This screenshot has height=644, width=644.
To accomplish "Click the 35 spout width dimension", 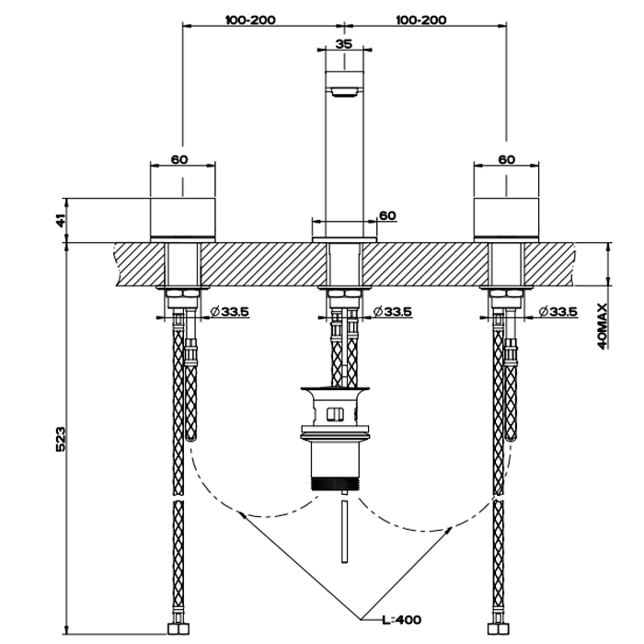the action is pos(344,43).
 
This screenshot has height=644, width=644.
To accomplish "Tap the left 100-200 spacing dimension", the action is pos(250,19).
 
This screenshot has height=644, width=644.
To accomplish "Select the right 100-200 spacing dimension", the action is pos(421,19).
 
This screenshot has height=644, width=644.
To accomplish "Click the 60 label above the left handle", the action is pos(179,159).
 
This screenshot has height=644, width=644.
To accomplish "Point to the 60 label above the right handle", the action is pos(506,159).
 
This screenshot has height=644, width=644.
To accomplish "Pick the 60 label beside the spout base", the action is pos(387,215).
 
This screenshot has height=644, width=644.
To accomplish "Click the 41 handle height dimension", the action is pos(61,221).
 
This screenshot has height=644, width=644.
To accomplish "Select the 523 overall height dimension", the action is pos(61,439).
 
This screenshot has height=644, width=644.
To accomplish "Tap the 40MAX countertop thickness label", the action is pos(602,326).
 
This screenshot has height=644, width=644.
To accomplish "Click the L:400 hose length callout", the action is pos(401,620).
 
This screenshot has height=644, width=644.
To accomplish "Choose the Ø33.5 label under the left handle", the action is pos(229,312).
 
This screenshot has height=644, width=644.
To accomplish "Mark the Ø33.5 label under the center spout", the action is pos(392,312).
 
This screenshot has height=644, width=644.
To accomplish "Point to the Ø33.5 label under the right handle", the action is pos(558,312).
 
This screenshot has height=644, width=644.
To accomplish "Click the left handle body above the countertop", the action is pos(183,219).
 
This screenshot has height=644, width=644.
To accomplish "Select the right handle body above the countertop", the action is pos(506,219).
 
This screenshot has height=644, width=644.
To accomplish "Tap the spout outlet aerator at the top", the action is pos(344,92).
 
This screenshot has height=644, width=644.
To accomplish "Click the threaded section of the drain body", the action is pos(336,483).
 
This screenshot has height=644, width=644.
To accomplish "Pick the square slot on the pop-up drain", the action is pos(335,414).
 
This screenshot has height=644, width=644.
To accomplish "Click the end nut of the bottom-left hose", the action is pos(178,628).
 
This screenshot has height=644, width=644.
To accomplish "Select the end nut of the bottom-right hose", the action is pos(499,628).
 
